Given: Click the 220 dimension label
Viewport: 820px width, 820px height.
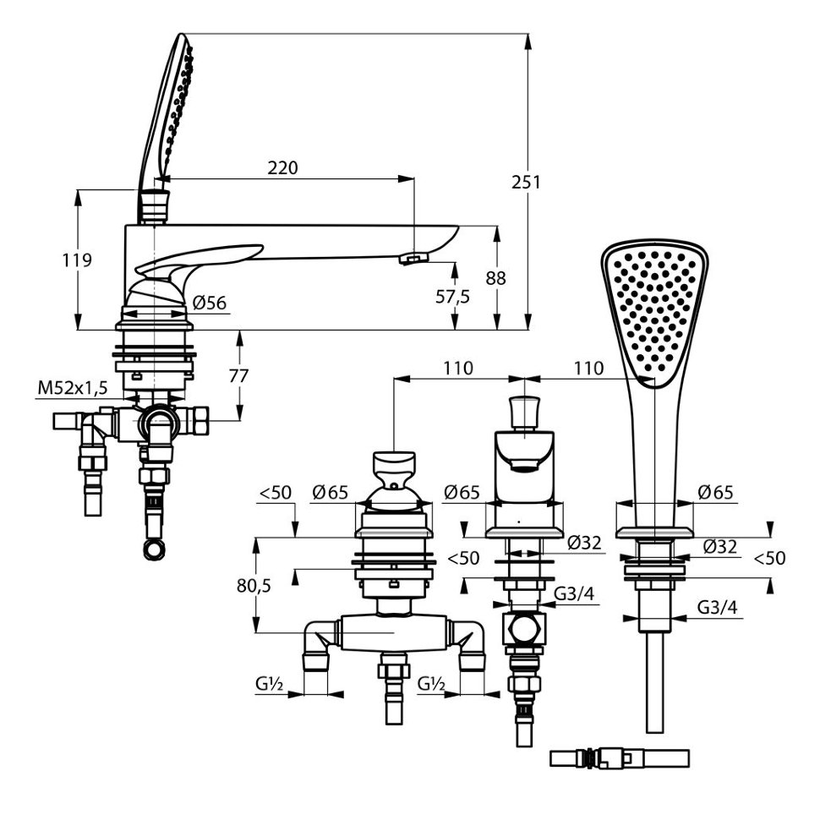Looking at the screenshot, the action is pos(282,168).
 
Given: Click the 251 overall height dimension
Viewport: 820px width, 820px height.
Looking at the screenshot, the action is pos(526,183).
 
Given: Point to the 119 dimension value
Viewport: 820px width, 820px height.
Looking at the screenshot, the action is pos(77,260).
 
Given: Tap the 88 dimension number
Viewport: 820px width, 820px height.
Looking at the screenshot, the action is pos(495,277).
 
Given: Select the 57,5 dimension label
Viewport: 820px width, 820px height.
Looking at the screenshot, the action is pos(452,297).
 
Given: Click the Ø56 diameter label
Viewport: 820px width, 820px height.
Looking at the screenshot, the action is pos(209,303).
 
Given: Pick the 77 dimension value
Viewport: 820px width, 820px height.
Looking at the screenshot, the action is pos(239,375).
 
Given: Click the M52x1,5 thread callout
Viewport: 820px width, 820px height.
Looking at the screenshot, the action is pos(73,388).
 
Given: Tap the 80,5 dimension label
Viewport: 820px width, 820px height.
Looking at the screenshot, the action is pos(254,586).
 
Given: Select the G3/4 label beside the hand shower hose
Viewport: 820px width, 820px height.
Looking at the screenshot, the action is pos(717,607).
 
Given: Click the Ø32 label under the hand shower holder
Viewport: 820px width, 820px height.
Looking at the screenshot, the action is pos(719,546).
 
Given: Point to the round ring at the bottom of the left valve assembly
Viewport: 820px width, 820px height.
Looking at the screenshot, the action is pos(154,550).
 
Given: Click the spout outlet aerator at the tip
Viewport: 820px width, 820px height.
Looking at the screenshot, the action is pos(413,258).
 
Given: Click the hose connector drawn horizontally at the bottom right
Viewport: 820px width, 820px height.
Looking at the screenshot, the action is pos(619,757).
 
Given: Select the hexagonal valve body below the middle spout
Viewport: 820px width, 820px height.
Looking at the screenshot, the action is pos(524,628).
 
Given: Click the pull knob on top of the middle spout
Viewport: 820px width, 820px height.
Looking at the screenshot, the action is pos(524,411).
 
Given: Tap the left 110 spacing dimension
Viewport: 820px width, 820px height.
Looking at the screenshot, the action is pos(458,369).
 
